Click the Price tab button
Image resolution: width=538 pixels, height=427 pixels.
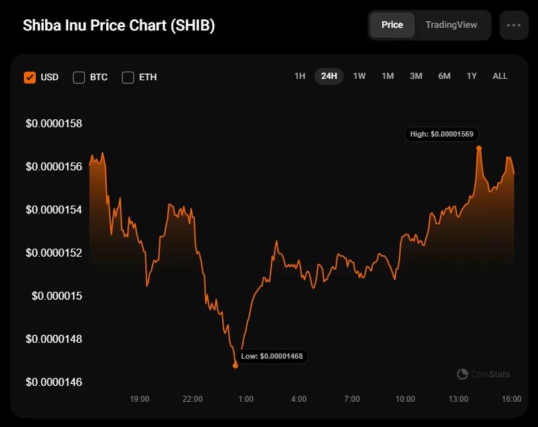(392, 25)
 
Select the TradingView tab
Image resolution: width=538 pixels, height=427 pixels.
(451, 25)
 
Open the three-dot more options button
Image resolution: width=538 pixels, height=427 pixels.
(513, 25)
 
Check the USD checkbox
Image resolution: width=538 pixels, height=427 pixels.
(30, 77)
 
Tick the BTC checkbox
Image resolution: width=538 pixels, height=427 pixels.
(79, 77)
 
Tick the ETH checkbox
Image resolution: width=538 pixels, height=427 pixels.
(128, 77)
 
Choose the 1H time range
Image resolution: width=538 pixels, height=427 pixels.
(300, 76)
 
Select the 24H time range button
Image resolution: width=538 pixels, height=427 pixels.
(329, 76)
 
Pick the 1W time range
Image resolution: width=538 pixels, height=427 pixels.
(360, 76)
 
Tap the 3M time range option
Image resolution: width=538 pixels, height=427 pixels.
(416, 76)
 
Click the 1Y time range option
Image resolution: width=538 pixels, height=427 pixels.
(472, 76)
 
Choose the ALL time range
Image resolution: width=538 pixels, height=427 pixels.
(500, 76)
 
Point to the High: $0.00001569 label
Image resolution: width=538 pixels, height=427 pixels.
(441, 134)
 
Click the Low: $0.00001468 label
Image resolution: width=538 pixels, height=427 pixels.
(272, 356)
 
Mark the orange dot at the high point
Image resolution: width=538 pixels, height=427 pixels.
(478, 148)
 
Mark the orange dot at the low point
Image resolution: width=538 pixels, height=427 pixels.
(235, 365)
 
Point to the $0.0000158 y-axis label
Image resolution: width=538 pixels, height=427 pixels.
(54, 123)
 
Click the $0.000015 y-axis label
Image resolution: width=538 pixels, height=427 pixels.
(57, 296)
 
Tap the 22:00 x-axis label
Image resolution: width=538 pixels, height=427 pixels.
(192, 399)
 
